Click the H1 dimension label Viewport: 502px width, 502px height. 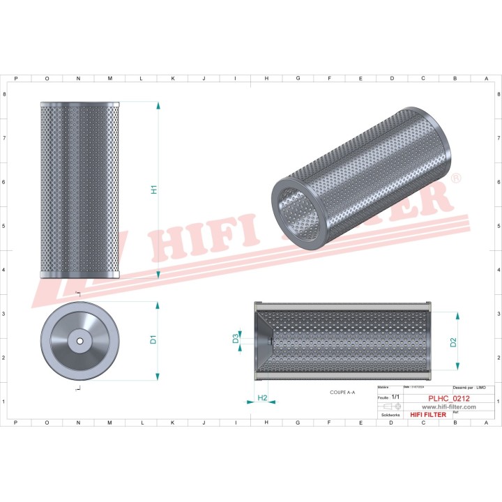(154, 189)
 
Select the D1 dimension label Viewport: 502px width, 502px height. (153, 340)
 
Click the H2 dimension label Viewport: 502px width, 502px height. (263, 397)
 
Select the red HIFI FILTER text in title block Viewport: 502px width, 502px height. (427, 415)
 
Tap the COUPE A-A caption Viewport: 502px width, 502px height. (342, 393)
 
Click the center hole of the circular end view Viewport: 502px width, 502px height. (79, 341)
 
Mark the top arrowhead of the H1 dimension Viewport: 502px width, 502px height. (159, 105)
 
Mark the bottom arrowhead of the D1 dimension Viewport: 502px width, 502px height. (159, 376)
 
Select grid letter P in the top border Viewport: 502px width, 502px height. (16, 79)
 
